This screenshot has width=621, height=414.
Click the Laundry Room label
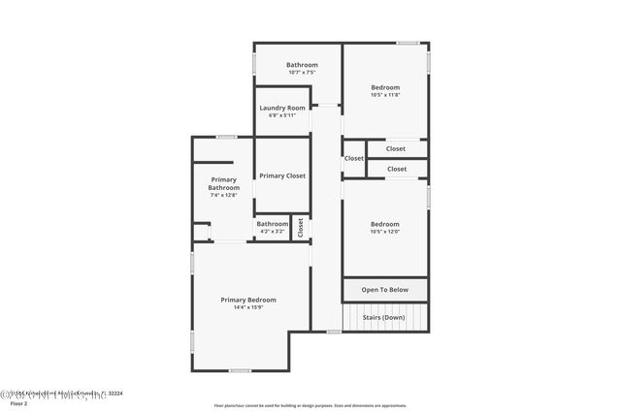[x=282, y=108]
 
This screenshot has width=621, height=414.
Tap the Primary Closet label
[x=282, y=175]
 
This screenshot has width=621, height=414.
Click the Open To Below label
[x=385, y=290]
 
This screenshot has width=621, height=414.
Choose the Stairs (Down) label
[x=385, y=317]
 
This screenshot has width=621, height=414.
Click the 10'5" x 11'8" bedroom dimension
[x=385, y=95]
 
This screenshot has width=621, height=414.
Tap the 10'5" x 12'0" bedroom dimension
[x=385, y=231]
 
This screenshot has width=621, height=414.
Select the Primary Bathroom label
[x=223, y=183]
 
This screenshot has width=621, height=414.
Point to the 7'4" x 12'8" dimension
[x=223, y=195]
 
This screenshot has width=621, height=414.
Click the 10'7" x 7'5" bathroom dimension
[x=302, y=73]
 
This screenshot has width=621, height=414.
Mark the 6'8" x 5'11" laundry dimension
[x=282, y=115]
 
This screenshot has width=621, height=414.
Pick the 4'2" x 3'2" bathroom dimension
[x=272, y=231]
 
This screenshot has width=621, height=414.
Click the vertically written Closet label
[x=301, y=228]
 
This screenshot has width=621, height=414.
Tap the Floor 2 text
[x=18, y=402]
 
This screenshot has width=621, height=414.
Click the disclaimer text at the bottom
[x=310, y=405]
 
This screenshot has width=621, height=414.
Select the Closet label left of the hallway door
[x=354, y=158]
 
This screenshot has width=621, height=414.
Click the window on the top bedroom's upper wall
[x=408, y=43]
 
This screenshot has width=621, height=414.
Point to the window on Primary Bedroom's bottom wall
[x=240, y=370]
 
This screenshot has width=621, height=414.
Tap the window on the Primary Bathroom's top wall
[x=227, y=137]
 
